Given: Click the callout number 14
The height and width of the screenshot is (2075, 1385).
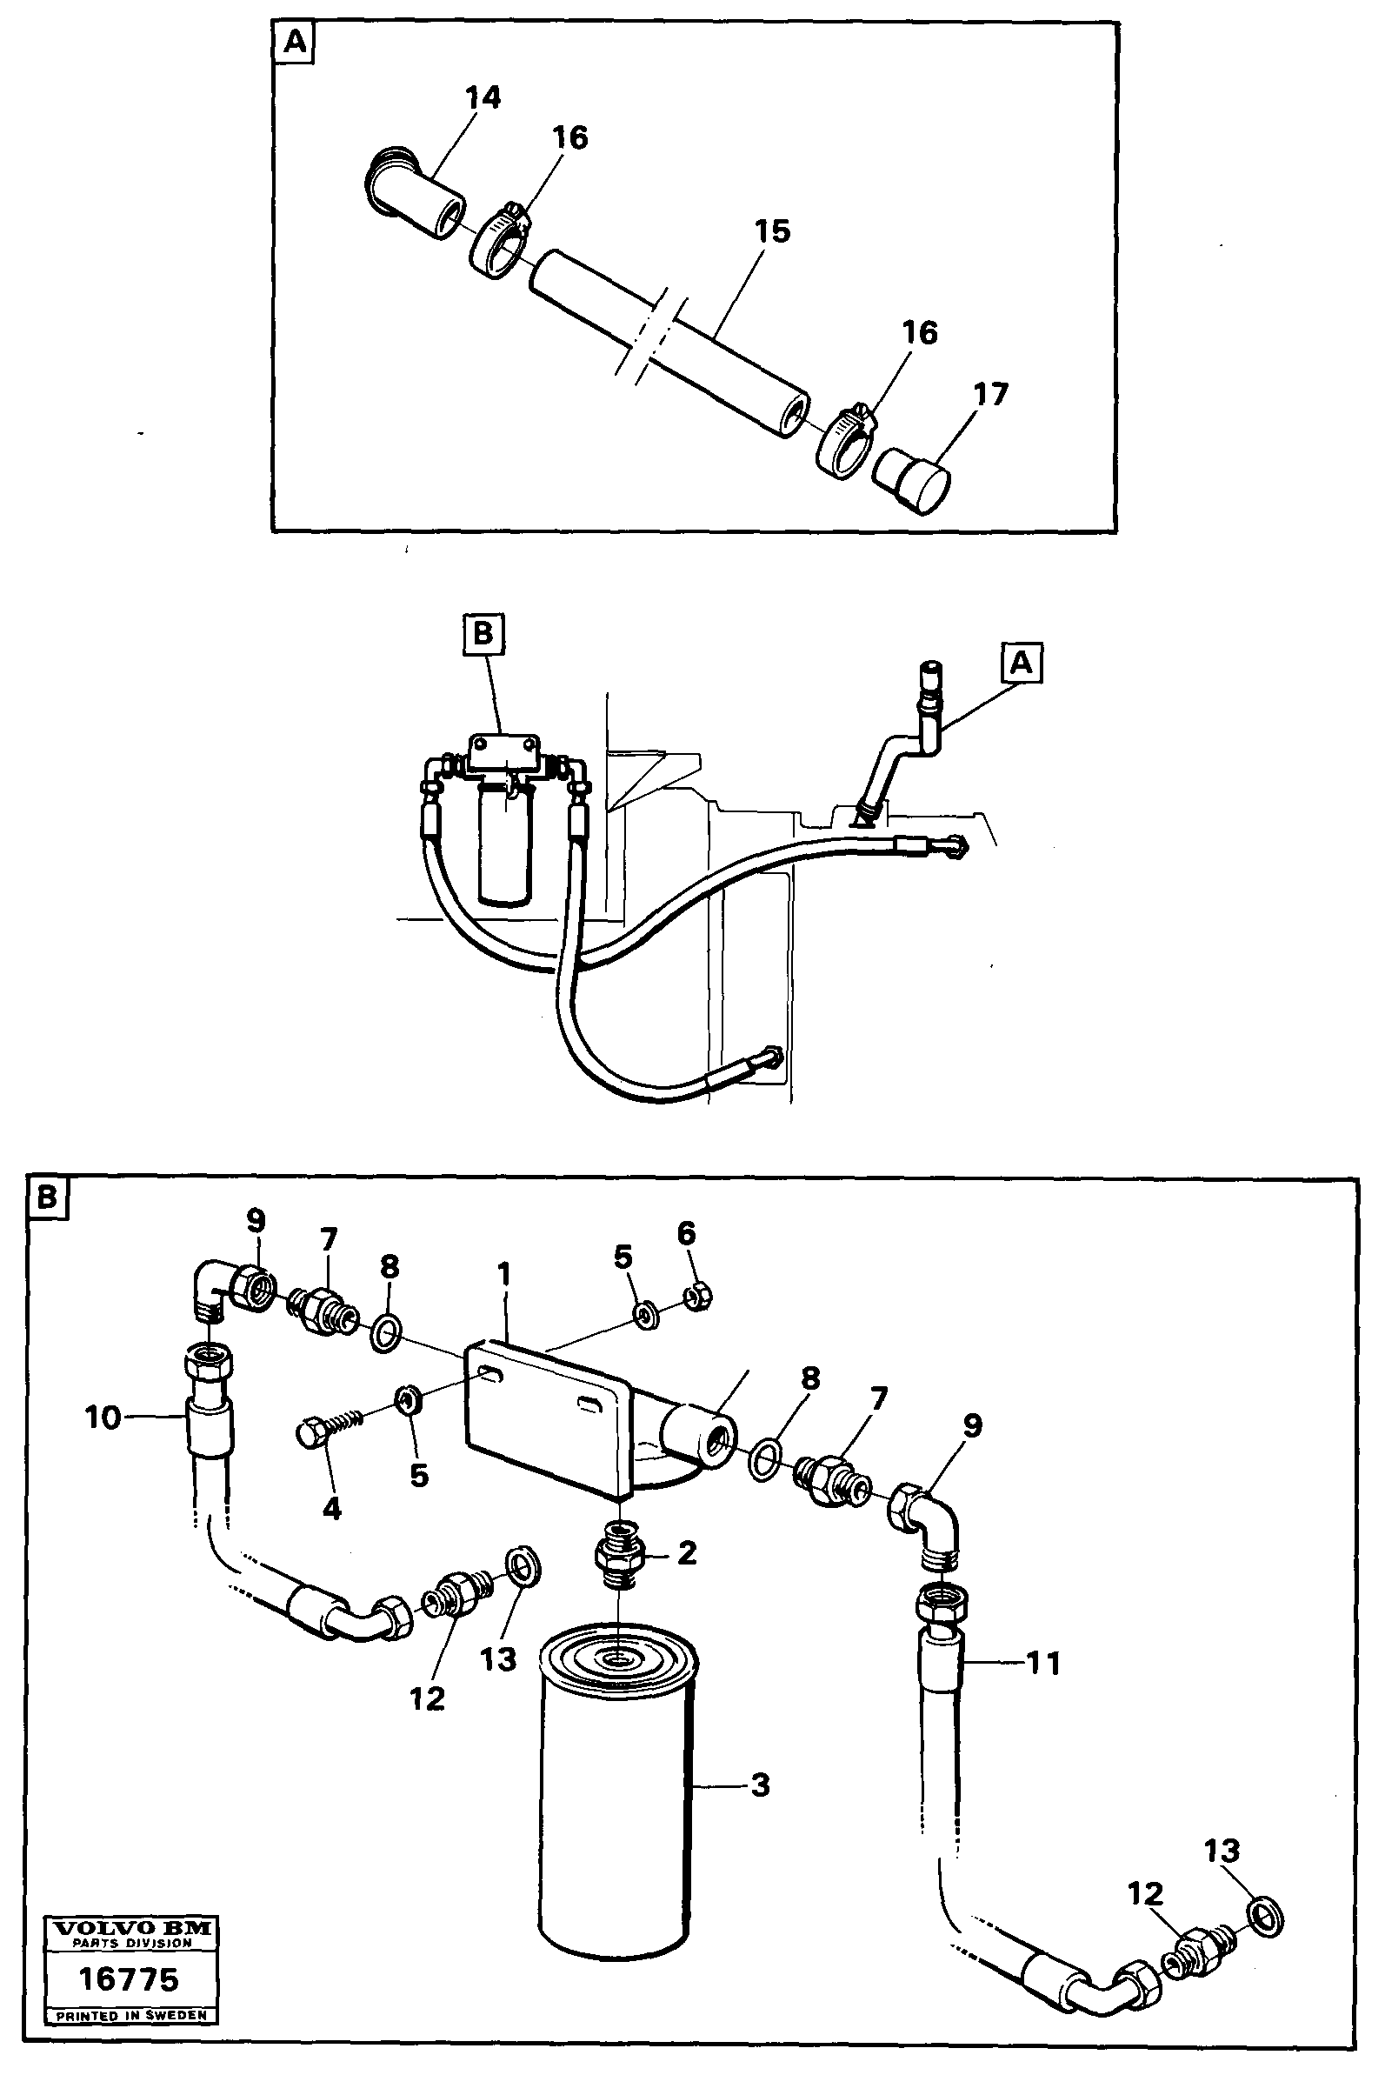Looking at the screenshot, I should (483, 98).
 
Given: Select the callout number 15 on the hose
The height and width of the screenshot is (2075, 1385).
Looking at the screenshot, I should (772, 231).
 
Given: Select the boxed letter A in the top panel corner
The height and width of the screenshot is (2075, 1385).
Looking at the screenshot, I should (294, 43).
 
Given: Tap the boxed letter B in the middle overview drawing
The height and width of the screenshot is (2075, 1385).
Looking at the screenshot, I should (483, 635).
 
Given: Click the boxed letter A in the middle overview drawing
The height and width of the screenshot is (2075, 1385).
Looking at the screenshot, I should (1021, 663).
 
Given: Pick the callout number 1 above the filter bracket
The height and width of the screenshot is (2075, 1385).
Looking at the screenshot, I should (503, 1275).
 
